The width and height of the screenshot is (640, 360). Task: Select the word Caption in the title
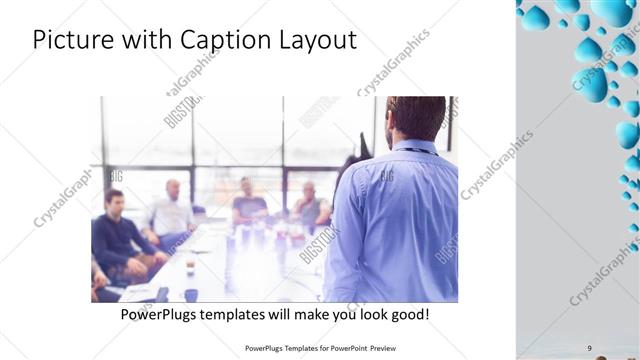click(220, 41)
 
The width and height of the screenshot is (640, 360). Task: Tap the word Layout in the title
click(315, 41)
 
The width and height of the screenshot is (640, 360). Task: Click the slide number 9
click(590, 348)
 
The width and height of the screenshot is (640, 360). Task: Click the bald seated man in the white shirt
click(173, 210)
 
